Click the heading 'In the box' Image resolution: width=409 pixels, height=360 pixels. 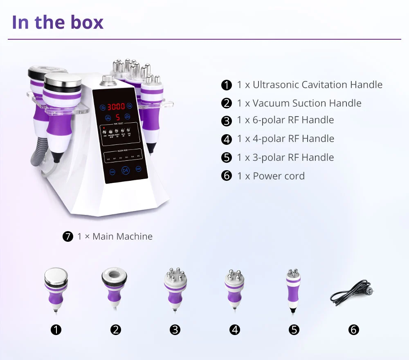click(57, 22)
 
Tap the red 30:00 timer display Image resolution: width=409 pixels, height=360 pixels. click(116, 107)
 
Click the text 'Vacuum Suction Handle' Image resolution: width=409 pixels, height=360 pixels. click(307, 103)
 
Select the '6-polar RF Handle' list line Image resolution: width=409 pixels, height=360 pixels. click(285, 120)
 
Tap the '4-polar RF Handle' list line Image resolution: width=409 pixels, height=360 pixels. click(285, 139)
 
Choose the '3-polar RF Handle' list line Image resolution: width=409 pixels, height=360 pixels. click(285, 157)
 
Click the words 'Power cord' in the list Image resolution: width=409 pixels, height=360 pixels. click(279, 176)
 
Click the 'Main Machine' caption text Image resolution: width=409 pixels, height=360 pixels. click(122, 236)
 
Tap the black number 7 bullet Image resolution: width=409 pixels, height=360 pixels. click(68, 236)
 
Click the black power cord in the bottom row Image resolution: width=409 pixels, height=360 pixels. click(351, 293)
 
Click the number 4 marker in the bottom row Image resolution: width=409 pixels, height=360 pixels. click(235, 330)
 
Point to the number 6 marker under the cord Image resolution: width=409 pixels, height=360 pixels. click(353, 330)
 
